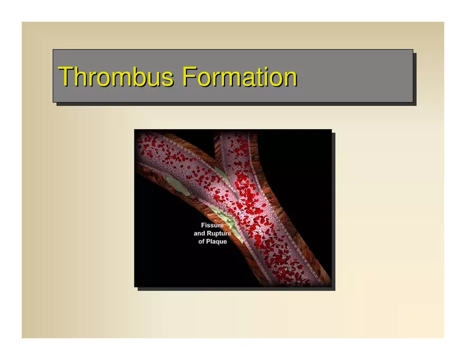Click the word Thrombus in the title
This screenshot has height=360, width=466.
pyautogui.click(x=115, y=77)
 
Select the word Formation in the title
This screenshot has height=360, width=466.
pyautogui.click(x=239, y=77)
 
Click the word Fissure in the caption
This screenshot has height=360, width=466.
pyautogui.click(x=212, y=225)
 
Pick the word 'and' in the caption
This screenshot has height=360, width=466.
pyautogui.click(x=199, y=233)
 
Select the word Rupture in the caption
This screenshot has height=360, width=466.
pyautogui.click(x=219, y=233)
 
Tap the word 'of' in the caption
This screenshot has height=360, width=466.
pyautogui.click(x=202, y=241)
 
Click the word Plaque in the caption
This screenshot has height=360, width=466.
pyautogui.click(x=217, y=242)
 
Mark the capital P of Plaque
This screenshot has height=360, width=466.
pyautogui.click(x=209, y=241)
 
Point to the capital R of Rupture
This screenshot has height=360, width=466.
pyautogui.click(x=209, y=233)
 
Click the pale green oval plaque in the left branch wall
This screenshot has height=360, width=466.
pyautogui.click(x=178, y=185)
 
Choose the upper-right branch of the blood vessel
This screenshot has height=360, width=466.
pyautogui.click(x=238, y=155)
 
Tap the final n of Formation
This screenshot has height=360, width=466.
pyautogui.click(x=291, y=79)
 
